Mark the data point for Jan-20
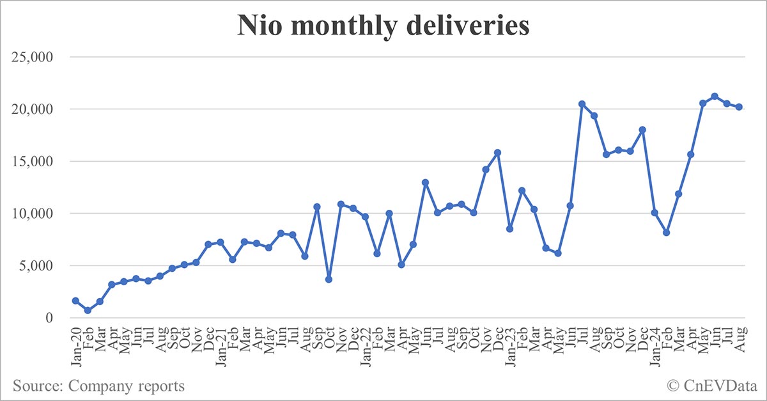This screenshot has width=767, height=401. click(x=75, y=301)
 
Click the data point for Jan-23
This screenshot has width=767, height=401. click(x=509, y=229)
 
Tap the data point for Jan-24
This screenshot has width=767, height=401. click(x=654, y=212)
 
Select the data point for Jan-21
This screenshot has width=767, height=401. click(x=220, y=242)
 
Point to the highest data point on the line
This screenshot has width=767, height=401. click(x=715, y=97)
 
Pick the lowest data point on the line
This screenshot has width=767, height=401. click(x=88, y=310)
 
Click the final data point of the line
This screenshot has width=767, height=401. click(x=738, y=107)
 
